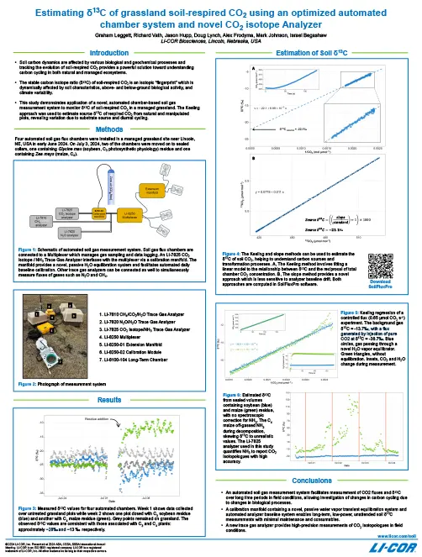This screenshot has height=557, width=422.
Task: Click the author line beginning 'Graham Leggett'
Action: pos(210,33)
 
